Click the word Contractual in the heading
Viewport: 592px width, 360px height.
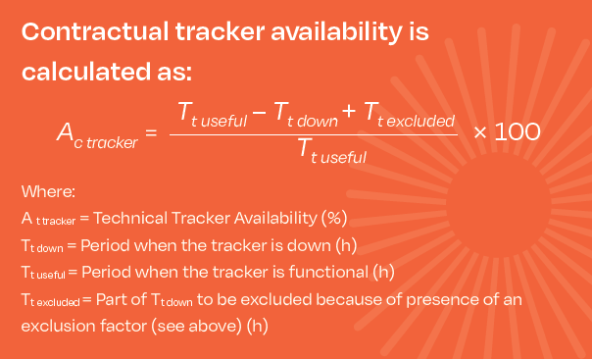(x=95, y=31)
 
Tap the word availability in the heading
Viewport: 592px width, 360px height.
(x=336, y=33)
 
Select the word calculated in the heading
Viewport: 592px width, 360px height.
(x=86, y=72)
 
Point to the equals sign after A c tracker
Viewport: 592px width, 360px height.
(x=151, y=132)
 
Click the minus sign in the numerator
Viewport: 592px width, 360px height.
(x=260, y=112)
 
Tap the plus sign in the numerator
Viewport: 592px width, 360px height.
(x=349, y=111)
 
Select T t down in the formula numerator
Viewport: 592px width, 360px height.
(x=306, y=115)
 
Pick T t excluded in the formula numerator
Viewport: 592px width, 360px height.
(x=410, y=115)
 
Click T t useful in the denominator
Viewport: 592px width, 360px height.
(x=332, y=151)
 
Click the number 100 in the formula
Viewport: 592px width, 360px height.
(x=518, y=131)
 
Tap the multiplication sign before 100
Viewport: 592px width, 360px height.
(x=480, y=132)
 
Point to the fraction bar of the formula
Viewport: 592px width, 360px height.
(x=314, y=134)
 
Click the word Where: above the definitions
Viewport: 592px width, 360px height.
(x=48, y=191)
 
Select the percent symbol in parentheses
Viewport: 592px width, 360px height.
(x=334, y=218)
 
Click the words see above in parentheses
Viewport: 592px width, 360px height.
(x=196, y=326)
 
